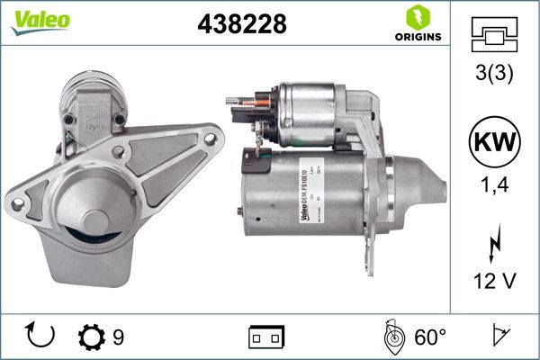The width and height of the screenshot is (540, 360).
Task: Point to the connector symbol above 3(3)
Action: [494, 33]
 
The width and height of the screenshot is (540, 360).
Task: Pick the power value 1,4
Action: [494, 188]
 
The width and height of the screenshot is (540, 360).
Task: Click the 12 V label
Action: [494, 282]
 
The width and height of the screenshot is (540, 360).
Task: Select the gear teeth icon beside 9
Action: [92, 337]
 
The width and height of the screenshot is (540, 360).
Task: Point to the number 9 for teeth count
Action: [118, 337]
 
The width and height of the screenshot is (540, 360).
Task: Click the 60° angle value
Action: [429, 337]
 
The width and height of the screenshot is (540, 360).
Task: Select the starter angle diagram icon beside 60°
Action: [391, 337]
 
